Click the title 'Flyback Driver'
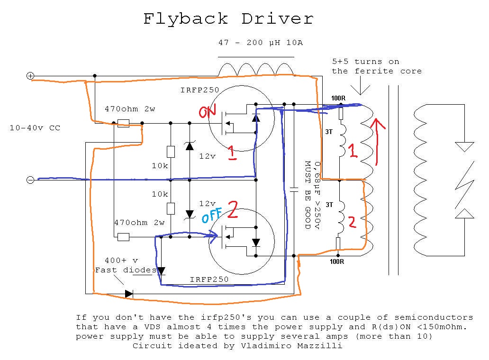tap(228, 19)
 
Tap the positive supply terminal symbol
tap(30, 76)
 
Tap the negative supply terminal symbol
tap(30, 180)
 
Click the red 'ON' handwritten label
tap(208, 112)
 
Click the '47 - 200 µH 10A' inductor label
tap(260, 43)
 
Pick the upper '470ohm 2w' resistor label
tap(129, 109)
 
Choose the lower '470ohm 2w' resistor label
tap(139, 223)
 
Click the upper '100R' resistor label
tap(338, 99)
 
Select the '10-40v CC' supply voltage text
tap(35, 128)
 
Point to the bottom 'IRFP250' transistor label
tap(209, 279)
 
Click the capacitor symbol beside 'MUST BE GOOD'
tap(293, 189)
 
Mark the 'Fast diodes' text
tap(125, 270)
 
